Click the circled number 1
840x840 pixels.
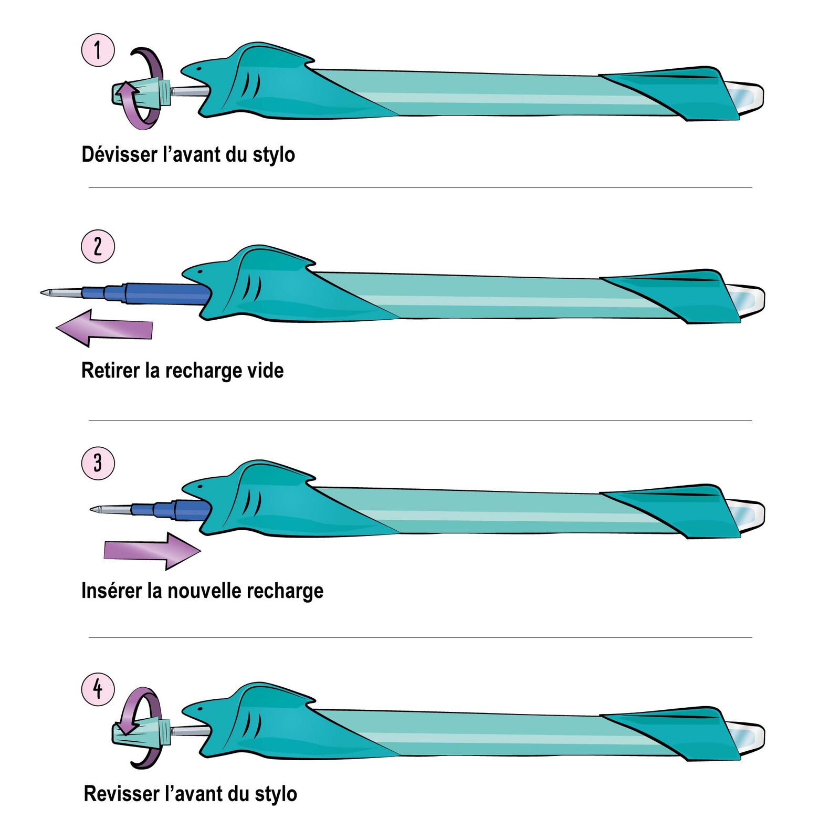(98, 50)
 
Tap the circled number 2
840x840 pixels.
(98, 246)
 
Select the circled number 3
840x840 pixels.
(98, 463)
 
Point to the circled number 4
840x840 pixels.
(98, 689)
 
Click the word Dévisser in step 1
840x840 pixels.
(120, 154)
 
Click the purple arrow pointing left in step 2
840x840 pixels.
(105, 328)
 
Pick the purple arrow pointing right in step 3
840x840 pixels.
(152, 551)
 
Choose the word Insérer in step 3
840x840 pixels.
(112, 591)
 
